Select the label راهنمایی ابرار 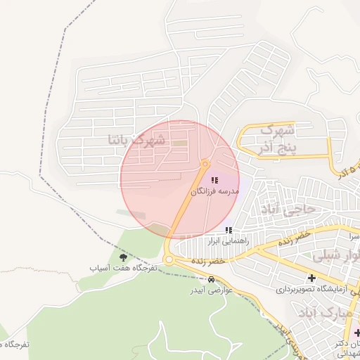pyautogui.click(x=224, y=240)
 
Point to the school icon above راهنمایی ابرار pyautogui.click(x=228, y=230)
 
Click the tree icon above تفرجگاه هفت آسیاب pyautogui.click(x=124, y=258)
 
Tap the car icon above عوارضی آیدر pyautogui.click(x=212, y=279)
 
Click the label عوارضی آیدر pyautogui.click(x=212, y=289)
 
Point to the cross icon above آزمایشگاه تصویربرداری pyautogui.click(x=311, y=278)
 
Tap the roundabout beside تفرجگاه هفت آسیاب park pyautogui.click(x=169, y=260)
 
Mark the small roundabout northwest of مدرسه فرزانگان pyautogui.click(x=205, y=164)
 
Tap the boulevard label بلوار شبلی pyautogui.click(x=340, y=256)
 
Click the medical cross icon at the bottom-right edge pyautogui.click(x=357, y=333)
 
